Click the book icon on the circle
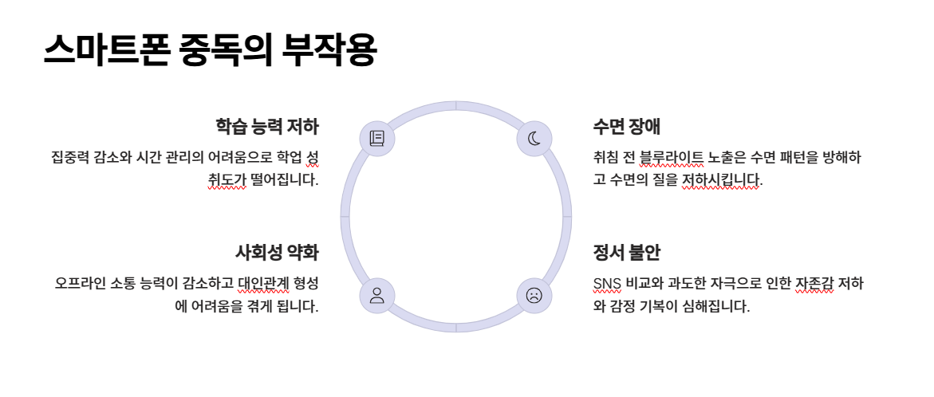(377, 139)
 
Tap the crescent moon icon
(534, 139)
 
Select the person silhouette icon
(377, 296)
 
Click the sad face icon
(534, 296)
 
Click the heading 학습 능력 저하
(266, 126)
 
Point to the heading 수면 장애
(627, 126)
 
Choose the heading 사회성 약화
(276, 253)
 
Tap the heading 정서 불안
(627, 253)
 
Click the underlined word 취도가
(227, 180)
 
